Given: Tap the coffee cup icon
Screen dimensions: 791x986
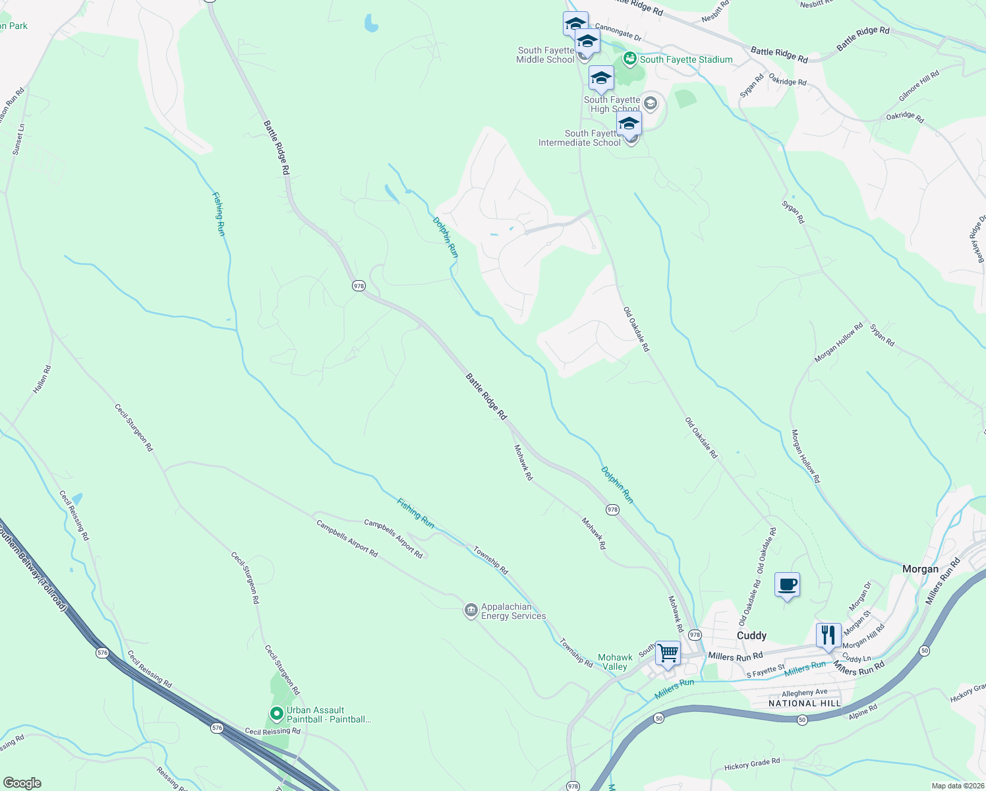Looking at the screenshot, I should (788, 585).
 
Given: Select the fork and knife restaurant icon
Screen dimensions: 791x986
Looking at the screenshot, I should (828, 635).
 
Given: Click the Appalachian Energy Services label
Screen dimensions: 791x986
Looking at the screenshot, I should (513, 611).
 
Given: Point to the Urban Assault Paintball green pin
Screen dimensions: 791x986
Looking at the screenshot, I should (277, 714).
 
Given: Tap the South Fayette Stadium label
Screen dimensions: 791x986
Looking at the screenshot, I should (685, 59).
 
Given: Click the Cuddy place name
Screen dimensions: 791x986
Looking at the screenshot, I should (751, 635).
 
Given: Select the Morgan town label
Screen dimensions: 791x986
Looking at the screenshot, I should (920, 569).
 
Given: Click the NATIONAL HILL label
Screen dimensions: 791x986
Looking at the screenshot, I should (805, 703).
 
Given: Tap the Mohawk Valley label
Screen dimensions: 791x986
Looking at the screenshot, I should (615, 662).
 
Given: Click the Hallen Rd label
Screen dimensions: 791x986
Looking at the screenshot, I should (42, 380).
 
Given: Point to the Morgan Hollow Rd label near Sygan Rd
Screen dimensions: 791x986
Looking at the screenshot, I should (838, 343).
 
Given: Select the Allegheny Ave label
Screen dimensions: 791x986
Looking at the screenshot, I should (804, 693).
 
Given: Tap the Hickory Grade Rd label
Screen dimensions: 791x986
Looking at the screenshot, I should (752, 764).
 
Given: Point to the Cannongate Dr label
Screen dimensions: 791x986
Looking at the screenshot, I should (618, 32).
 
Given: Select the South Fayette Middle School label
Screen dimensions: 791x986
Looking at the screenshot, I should (545, 55).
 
